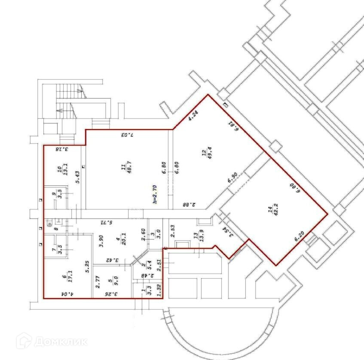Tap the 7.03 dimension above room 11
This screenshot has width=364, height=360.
point(126,135)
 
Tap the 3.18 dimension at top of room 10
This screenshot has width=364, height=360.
point(63,150)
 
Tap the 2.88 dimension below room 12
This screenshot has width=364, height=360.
point(190,205)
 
